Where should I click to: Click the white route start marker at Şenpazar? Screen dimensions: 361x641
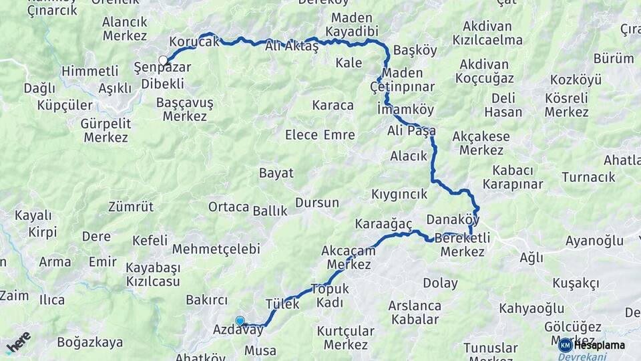point(163,61)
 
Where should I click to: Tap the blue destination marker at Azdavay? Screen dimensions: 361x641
point(240,321)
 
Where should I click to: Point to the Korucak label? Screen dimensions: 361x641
point(194,42)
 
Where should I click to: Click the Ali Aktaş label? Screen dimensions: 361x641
point(292,45)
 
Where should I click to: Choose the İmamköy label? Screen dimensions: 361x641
point(405,109)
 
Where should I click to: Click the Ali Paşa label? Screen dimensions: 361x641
point(411,130)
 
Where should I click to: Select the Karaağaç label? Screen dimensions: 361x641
point(384,223)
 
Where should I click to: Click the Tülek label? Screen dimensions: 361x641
point(282,304)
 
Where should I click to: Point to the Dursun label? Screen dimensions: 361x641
point(317,203)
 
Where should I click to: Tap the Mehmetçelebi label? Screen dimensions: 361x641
point(216,249)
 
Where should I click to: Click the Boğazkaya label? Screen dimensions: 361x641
point(90,343)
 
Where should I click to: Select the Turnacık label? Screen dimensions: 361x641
point(588,177)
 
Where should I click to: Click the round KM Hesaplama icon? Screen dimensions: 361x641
point(566,345)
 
